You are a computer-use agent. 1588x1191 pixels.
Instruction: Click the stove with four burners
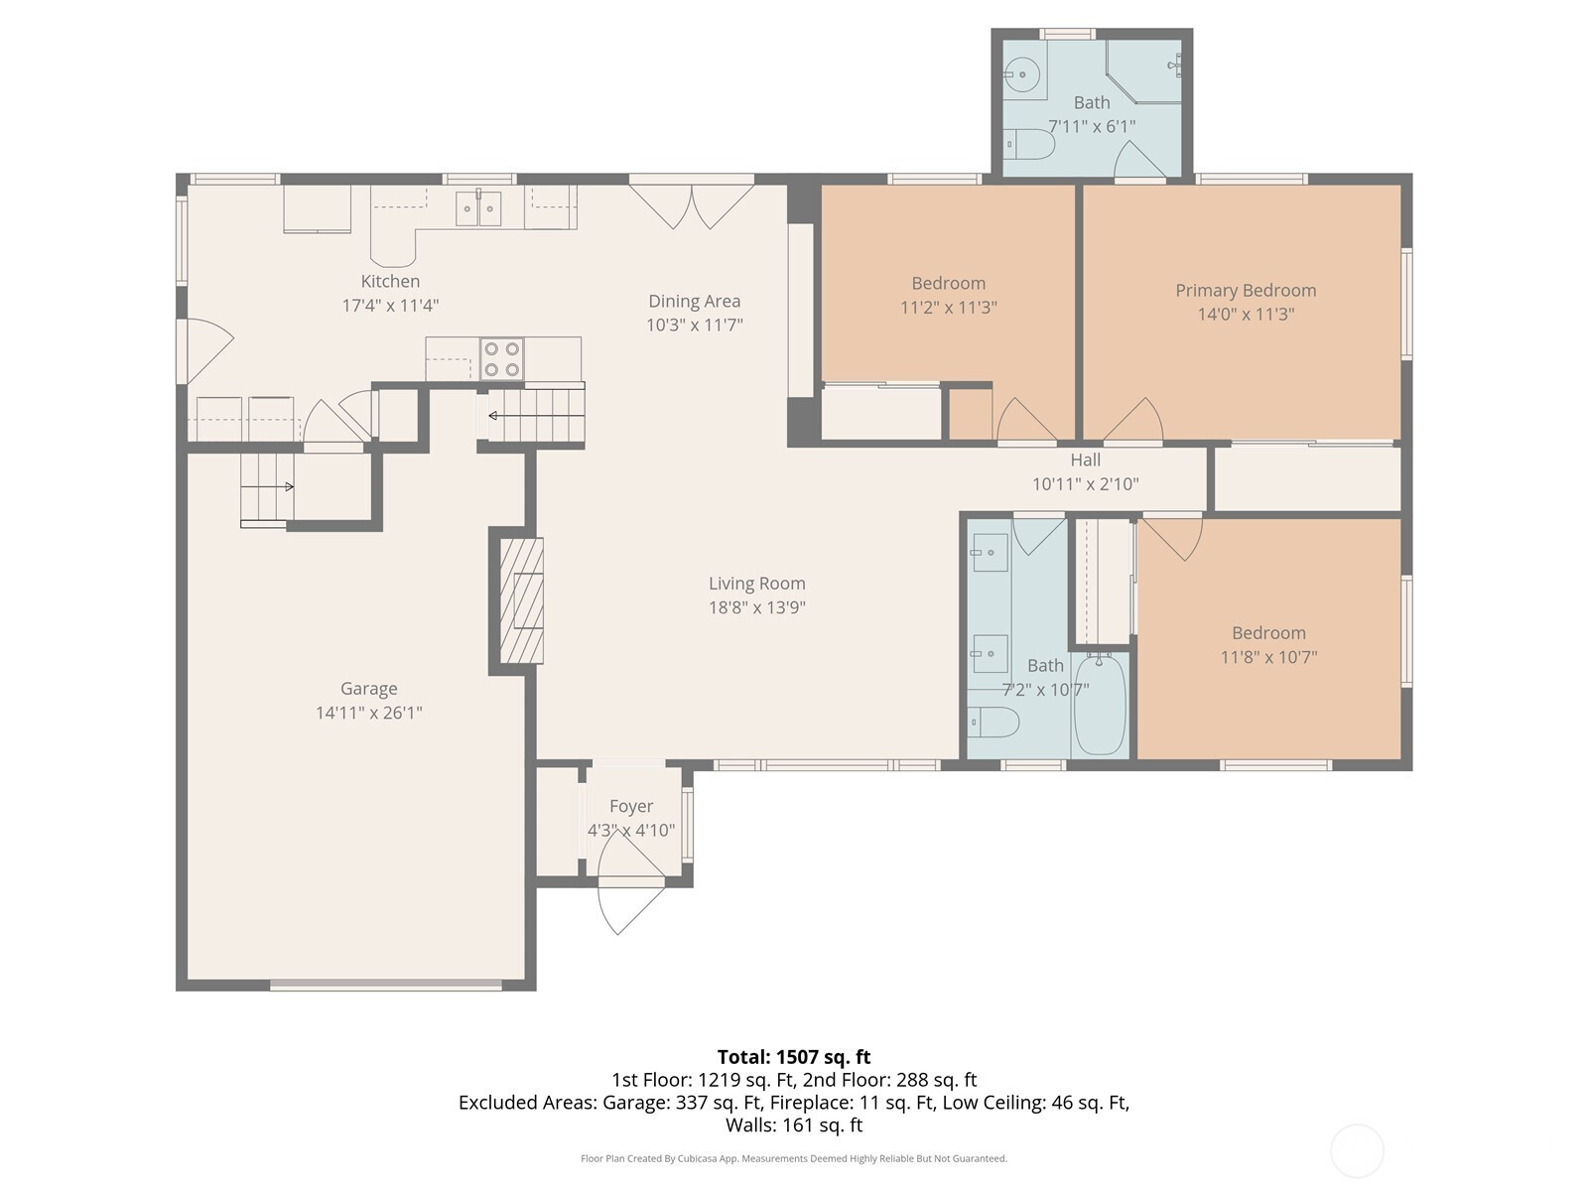pos(502,358)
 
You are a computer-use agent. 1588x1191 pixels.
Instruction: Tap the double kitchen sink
pos(478,208)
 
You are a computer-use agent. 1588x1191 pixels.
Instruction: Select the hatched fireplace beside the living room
pos(522,600)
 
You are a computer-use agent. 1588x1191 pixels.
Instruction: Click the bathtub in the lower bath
pos(1100,705)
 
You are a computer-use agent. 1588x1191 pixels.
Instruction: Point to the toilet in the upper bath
pos(1030,144)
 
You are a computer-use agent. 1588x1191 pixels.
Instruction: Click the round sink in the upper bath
pos(1022,72)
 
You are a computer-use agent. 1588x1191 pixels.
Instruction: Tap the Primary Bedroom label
pos(1245,291)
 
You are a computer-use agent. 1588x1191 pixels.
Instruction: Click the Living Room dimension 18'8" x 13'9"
pos(756,607)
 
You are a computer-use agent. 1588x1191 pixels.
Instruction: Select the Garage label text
pos(369,689)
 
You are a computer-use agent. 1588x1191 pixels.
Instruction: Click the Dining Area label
pos(695,301)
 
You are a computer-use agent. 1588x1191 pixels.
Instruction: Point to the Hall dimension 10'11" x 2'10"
pos(1085,483)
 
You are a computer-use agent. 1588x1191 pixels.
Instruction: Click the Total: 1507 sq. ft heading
pos(794,1057)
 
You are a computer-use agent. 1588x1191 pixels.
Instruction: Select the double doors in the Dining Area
pos(692,206)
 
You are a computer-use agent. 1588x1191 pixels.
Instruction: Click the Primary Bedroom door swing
pos(1133,420)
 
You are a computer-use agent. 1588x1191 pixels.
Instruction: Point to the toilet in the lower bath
pos(993,722)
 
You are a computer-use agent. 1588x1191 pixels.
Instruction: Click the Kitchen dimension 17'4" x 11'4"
pos(391,305)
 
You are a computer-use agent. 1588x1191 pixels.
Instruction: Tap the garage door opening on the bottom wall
pos(386,985)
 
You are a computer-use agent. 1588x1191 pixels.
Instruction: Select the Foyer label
pos(631,806)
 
